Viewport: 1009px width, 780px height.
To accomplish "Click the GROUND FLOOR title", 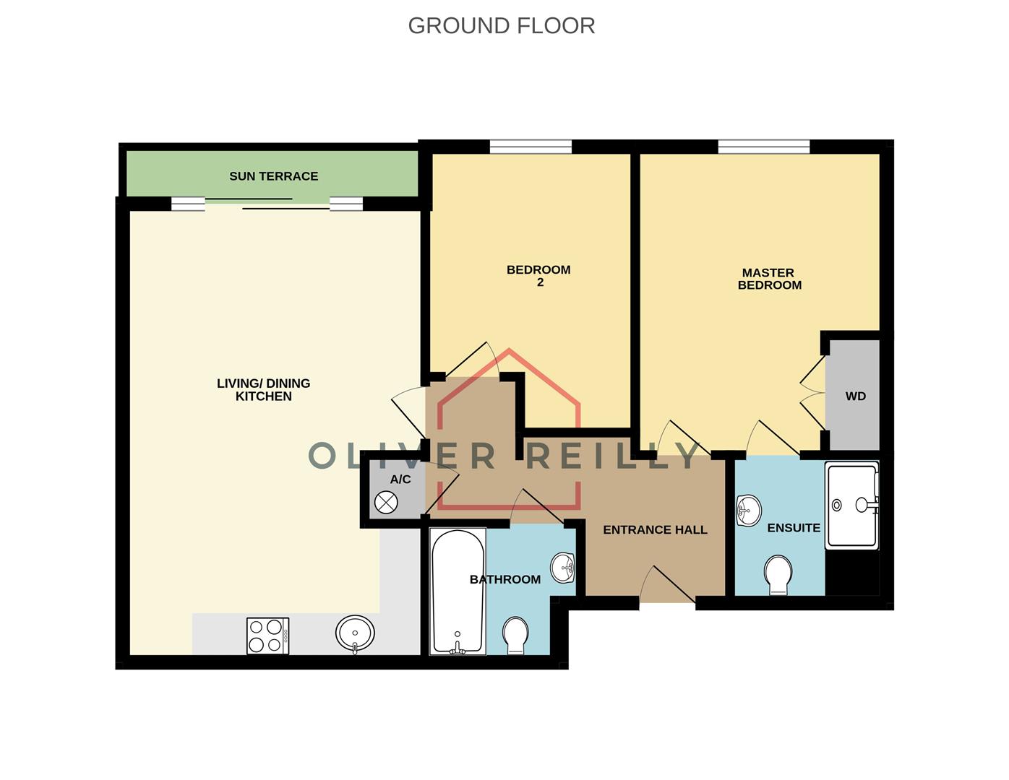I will tap(501, 25).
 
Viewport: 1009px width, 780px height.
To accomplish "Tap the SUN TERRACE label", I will tap(273, 176).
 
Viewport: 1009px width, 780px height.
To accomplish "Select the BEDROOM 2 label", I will tap(538, 276).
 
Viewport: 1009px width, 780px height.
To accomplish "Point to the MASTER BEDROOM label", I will tap(769, 279).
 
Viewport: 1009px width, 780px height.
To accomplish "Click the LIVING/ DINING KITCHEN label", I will tap(263, 390).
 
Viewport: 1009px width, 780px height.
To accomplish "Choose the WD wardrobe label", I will tap(855, 396).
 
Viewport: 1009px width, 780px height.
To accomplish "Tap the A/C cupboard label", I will tap(400, 480).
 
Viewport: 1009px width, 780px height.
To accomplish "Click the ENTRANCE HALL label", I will tap(655, 529).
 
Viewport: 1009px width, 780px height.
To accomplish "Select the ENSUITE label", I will tap(794, 528).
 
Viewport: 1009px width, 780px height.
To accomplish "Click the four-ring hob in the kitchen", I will tap(267, 636).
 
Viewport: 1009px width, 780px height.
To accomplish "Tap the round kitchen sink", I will tap(355, 633).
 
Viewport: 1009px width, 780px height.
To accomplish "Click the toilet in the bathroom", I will tap(515, 635).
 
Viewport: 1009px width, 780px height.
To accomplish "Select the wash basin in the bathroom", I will tap(563, 567).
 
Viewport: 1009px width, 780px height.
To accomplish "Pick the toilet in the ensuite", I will tap(778, 575).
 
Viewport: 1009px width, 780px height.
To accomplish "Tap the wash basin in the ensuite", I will tap(748, 511).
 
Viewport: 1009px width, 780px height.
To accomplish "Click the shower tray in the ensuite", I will tap(852, 506).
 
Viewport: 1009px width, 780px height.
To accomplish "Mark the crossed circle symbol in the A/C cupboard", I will tap(387, 502).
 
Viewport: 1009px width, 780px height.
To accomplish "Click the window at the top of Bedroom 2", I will tap(531, 147).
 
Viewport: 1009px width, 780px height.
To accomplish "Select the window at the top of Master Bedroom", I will tap(764, 147).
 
